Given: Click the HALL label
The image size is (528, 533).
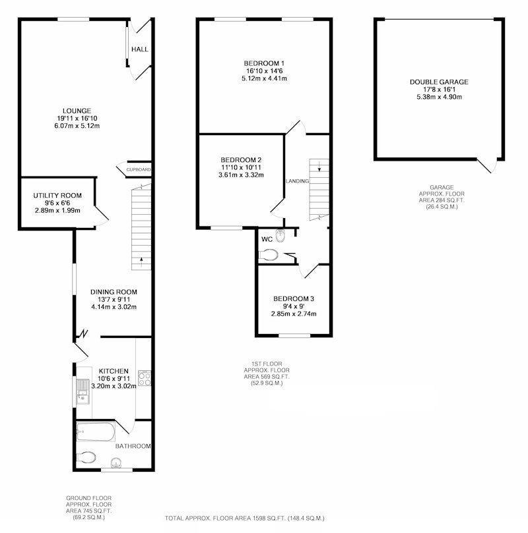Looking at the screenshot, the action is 139,49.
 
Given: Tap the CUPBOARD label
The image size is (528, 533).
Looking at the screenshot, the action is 139,169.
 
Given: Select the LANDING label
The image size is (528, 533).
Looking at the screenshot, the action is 297,181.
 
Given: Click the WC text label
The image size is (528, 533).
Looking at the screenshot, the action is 267,239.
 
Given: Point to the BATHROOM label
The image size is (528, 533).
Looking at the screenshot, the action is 133,446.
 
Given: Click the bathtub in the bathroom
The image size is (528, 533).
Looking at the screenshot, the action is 96,432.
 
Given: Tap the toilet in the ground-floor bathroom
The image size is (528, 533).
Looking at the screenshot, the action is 86,457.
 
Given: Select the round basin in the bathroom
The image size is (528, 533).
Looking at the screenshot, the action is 116,463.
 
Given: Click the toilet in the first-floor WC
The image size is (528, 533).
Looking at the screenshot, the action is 269,255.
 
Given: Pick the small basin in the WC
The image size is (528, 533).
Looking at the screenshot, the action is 280,236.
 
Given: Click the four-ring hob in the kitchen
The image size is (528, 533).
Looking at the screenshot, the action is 145,378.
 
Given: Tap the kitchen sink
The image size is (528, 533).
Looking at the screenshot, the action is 82,391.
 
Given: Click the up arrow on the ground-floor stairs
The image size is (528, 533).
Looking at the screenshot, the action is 141,262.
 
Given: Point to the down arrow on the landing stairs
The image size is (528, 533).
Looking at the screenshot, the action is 319,167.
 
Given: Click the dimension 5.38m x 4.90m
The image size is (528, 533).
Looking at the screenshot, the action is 439,97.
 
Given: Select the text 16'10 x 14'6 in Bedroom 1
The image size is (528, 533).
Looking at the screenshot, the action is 265,71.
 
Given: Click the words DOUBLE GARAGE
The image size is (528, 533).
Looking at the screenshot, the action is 439,82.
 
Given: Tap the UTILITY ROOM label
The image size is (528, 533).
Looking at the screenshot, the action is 57,196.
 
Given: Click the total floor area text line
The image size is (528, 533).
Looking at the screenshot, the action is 244,519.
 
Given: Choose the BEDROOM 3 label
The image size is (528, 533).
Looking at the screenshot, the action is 294,299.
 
